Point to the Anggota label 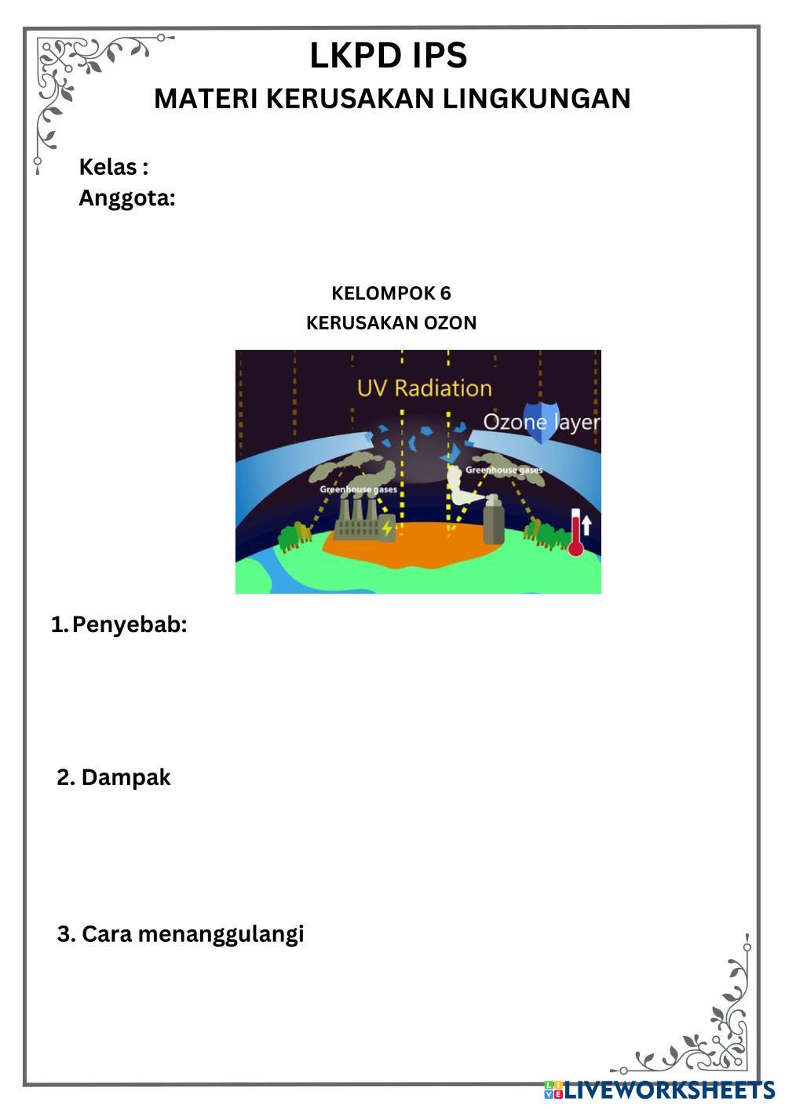click(x=126, y=198)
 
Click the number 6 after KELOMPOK click(x=445, y=293)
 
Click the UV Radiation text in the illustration click(x=424, y=387)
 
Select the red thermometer click(x=575, y=533)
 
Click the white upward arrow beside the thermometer click(x=587, y=523)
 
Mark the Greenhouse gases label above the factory click(x=358, y=489)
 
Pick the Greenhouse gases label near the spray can click(x=504, y=471)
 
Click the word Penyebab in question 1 click(x=129, y=625)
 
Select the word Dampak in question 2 click(x=126, y=777)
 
